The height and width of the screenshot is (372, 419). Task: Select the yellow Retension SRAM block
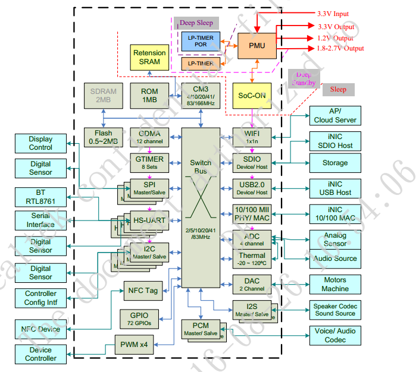(149, 58)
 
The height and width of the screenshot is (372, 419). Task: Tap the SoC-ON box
(252, 96)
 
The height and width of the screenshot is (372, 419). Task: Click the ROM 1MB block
(149, 96)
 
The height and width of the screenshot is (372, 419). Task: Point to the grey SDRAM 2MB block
(104, 96)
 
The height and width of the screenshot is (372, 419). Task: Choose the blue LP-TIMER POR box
(201, 40)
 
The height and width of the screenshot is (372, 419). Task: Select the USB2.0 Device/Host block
(252, 188)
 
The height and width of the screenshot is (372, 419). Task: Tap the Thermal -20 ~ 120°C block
(252, 259)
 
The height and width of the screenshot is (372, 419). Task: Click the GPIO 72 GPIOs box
(140, 319)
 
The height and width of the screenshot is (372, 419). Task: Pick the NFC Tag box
(143, 291)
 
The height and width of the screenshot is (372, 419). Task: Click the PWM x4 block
(135, 344)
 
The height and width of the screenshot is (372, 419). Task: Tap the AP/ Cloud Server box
(334, 115)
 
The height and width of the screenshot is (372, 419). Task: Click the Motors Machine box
(334, 284)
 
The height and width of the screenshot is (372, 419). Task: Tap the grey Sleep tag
(338, 90)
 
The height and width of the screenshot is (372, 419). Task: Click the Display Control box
(40, 143)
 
